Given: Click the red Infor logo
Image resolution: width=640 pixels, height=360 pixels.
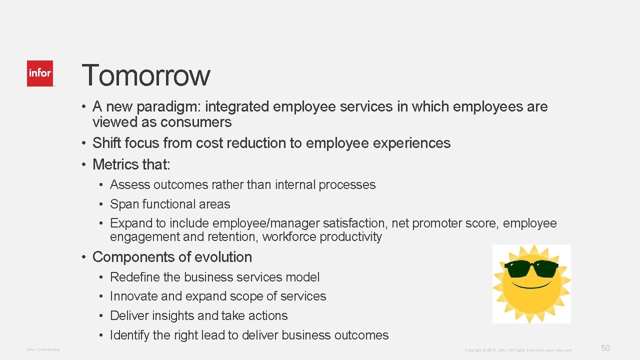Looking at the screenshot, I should [40, 73].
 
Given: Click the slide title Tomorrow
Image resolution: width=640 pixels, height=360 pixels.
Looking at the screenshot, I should [145, 75].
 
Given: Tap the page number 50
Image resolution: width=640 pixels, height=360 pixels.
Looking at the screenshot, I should [605, 348].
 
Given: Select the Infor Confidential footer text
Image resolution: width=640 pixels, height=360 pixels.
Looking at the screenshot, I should [43, 349].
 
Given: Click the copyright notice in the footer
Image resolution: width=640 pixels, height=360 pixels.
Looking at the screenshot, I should [518, 350].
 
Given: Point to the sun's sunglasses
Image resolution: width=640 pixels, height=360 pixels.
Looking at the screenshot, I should [531, 268].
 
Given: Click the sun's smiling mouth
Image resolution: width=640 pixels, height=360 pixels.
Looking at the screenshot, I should [531, 285].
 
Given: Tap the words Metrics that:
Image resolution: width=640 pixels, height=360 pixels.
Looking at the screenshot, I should [131, 164].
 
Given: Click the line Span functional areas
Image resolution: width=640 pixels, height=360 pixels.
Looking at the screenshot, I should [170, 204].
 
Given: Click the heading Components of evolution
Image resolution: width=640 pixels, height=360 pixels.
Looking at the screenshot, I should [172, 257].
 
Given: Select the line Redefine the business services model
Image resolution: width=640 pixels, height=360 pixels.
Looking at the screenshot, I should [214, 277].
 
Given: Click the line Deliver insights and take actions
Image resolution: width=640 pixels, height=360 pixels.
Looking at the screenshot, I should [198, 315].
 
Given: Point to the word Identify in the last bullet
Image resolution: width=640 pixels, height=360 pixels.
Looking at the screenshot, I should [129, 335].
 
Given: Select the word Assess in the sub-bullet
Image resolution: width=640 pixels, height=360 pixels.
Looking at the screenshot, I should [130, 184].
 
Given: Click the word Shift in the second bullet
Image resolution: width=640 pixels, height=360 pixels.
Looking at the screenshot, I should [106, 143].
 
